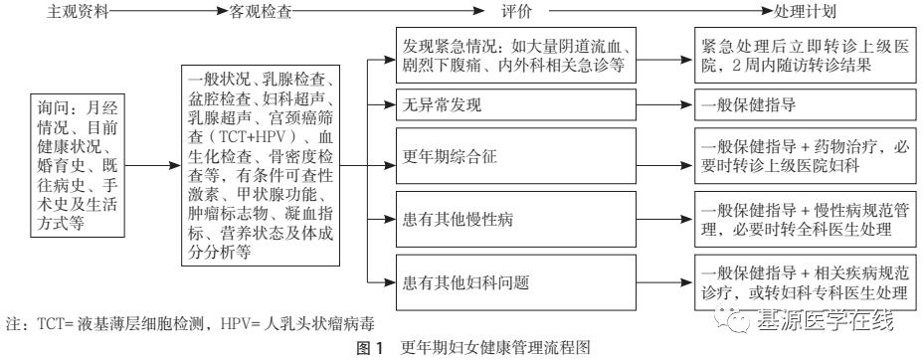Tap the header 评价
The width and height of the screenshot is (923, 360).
coord(517,12)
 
